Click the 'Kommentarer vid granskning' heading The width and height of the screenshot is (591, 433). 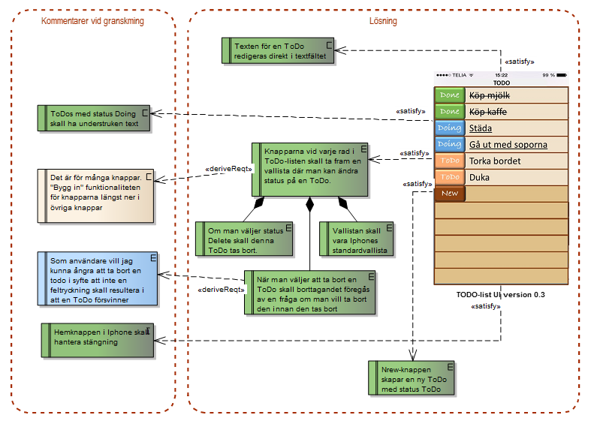92,21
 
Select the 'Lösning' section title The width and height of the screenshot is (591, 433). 383,21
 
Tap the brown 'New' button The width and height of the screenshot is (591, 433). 450,194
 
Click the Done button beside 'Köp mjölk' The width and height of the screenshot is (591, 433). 450,95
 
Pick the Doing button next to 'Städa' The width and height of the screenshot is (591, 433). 450,128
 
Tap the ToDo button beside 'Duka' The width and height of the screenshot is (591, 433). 450,177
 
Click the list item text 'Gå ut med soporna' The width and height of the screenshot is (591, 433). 508,145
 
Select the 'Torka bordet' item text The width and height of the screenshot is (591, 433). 495,161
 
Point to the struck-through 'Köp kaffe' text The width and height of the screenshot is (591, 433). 487,112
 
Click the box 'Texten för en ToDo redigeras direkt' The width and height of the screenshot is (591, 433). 278,51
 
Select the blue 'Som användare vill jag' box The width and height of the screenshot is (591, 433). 97,279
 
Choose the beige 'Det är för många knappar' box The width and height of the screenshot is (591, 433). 95,196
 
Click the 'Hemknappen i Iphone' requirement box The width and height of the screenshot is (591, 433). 97,340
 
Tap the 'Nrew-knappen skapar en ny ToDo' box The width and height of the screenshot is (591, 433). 412,378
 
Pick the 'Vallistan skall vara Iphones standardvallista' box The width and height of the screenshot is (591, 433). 356,239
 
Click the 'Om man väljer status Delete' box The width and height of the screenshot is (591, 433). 244,239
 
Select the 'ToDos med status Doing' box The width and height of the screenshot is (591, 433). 93,119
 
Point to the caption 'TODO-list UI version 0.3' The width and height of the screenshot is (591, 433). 501,295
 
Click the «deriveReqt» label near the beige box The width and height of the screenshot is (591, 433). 228,169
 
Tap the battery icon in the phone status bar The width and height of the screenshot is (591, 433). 562,75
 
